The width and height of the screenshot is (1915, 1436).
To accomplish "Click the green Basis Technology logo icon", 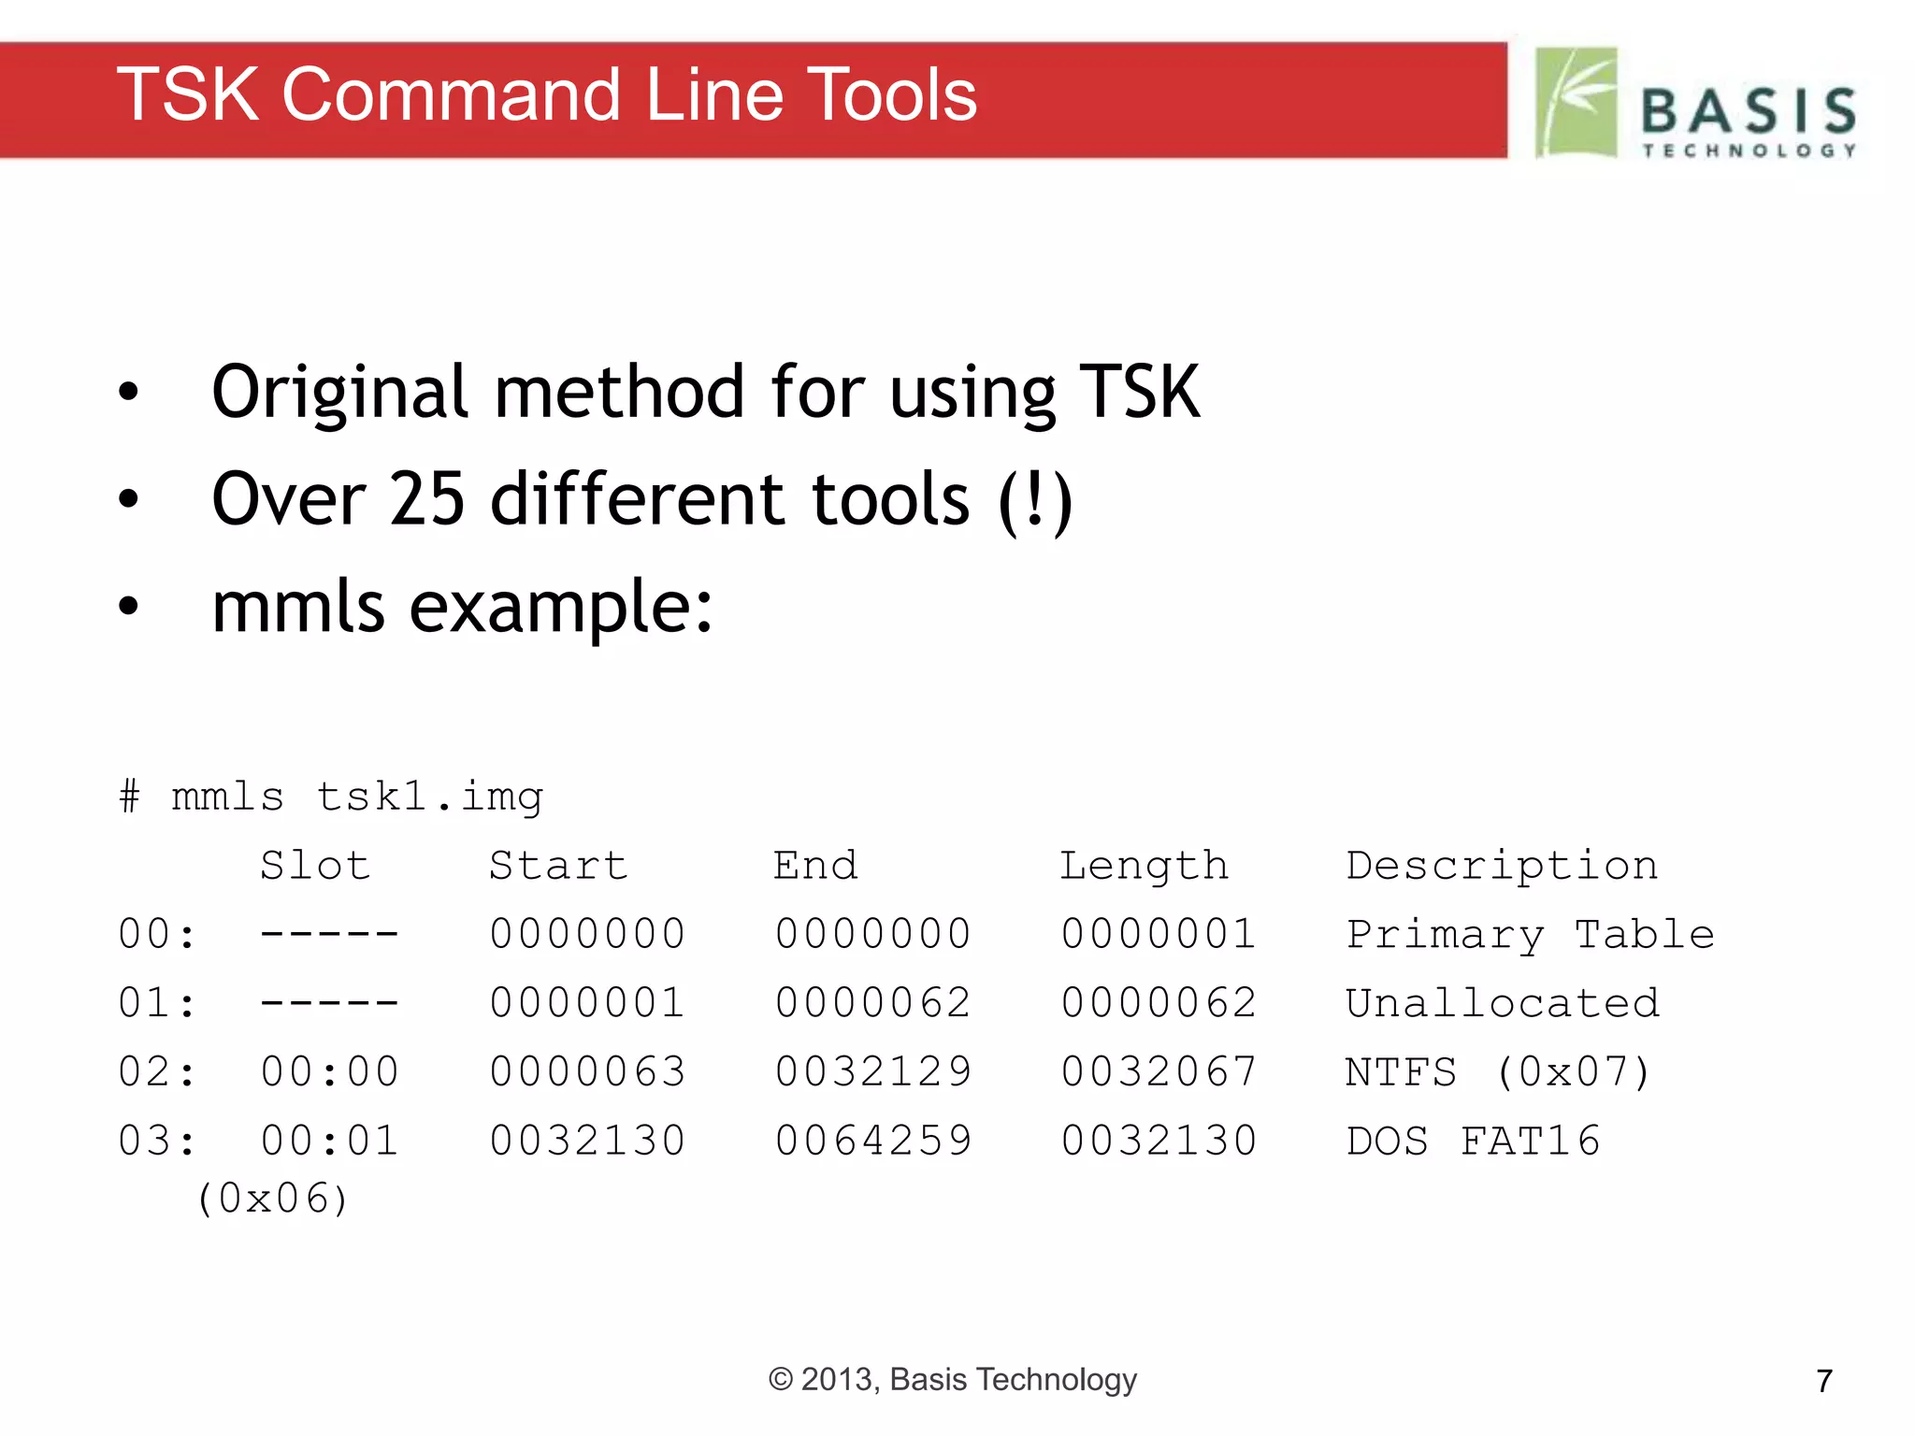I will pyautogui.click(x=1577, y=102).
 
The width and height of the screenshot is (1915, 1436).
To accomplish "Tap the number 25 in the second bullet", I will pyautogui.click(x=426, y=499).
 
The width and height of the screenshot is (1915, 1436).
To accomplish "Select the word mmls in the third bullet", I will pyautogui.click(x=298, y=607).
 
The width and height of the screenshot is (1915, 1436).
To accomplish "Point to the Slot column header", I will pyautogui.click(x=315, y=866).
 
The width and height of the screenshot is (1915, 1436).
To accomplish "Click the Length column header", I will pyautogui.click(x=1144, y=867).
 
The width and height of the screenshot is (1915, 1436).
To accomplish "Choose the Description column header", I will pyautogui.click(x=1502, y=867).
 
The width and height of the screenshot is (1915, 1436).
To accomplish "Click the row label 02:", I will pyautogui.click(x=157, y=1072).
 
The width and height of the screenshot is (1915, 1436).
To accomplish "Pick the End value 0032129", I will pyautogui.click(x=873, y=1072).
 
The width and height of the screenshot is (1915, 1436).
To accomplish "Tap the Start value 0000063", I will pyautogui.click(x=588, y=1072).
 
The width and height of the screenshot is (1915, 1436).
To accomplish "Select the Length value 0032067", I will pyautogui.click(x=1159, y=1072).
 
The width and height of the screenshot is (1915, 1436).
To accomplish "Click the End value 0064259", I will pyautogui.click(x=873, y=1142).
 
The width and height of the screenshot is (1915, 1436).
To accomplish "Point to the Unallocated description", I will pyautogui.click(x=1502, y=1004).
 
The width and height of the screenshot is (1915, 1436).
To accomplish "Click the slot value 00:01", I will pyautogui.click(x=330, y=1142).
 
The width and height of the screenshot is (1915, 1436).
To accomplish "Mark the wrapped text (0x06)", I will pyautogui.click(x=272, y=1199).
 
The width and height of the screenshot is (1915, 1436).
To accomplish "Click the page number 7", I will pyautogui.click(x=1823, y=1381).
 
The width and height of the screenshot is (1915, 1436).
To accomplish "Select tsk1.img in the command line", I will pyautogui.click(x=429, y=797).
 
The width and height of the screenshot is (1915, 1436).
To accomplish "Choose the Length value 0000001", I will pyautogui.click(x=1159, y=935).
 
